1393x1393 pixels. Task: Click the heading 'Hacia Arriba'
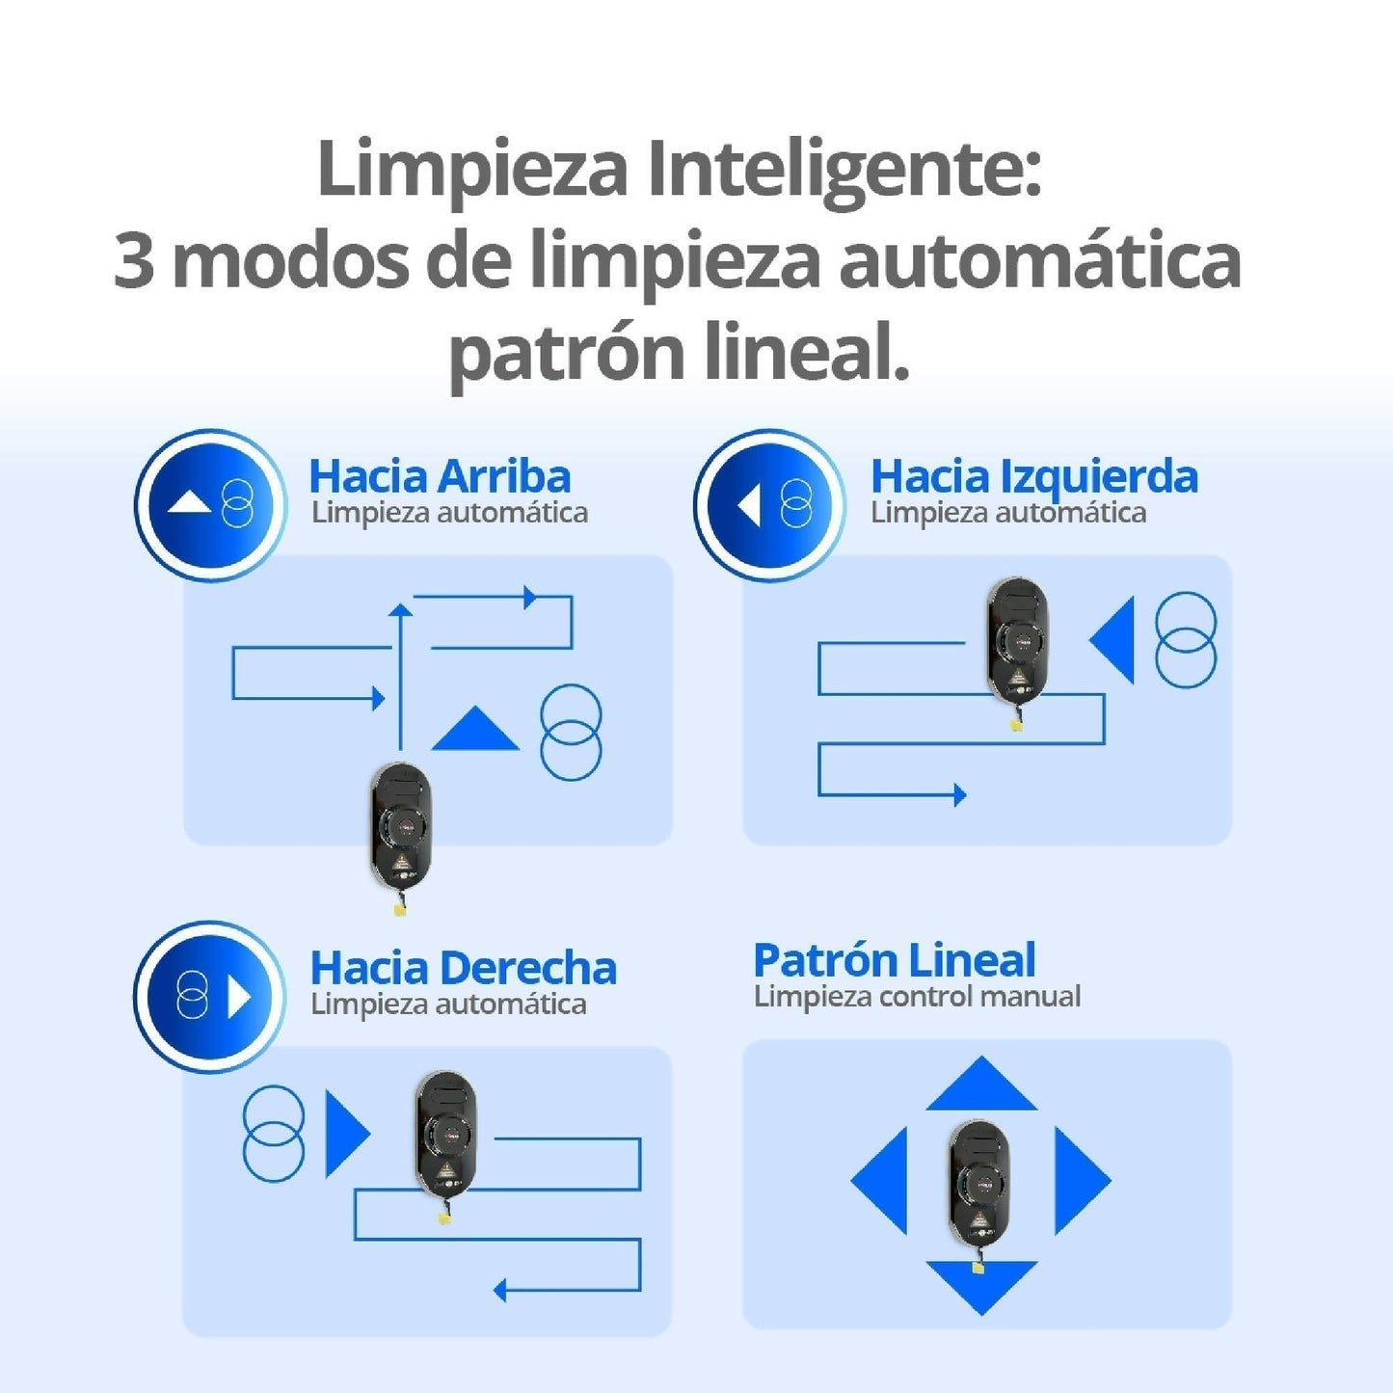440,476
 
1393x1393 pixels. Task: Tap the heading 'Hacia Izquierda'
1033,476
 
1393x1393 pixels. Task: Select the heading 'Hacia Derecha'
463,968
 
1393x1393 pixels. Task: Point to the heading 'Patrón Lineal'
894,960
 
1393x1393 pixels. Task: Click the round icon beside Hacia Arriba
210,505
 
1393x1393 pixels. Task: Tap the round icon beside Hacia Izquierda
769,505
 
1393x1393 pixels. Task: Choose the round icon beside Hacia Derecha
210,997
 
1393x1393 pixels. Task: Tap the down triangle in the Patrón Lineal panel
980,1283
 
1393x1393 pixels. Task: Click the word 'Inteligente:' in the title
844,170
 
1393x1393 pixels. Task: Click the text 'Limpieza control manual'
917,996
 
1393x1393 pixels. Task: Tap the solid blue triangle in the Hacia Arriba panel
474,732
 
